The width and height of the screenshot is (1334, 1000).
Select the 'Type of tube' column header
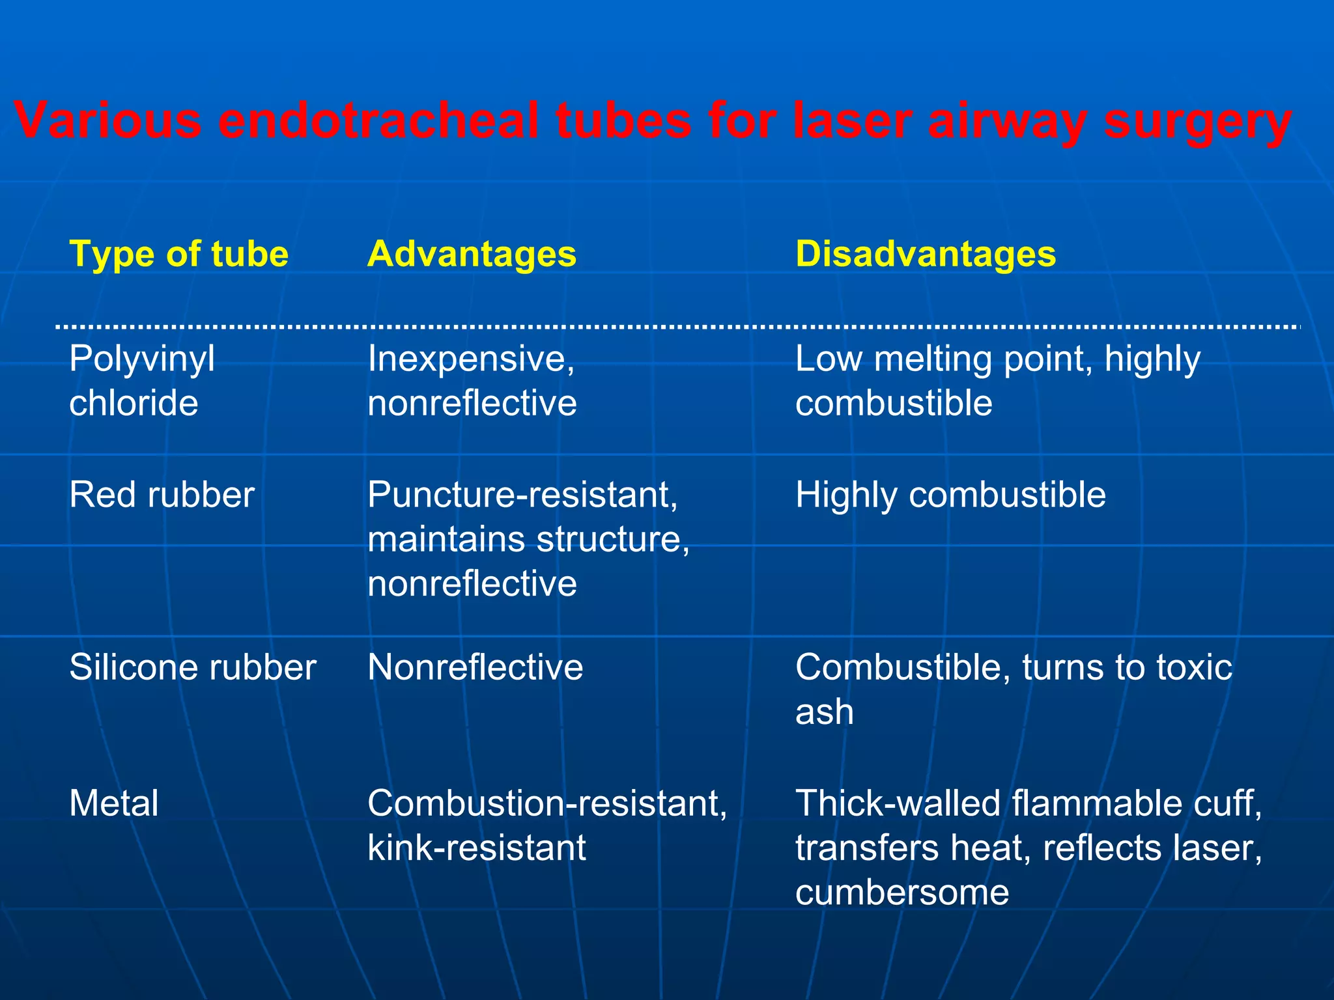178,253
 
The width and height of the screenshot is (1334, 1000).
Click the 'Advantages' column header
472,253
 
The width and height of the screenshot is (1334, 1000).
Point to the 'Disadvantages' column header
926,253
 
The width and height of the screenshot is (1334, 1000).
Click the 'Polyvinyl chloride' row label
142,381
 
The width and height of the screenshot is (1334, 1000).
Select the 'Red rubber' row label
162,495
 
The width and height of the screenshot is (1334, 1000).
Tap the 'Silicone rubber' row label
193,667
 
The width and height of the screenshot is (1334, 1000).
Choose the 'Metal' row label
114,803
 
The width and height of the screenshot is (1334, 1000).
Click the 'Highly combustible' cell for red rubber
950,495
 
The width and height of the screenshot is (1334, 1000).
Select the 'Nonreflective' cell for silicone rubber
475,667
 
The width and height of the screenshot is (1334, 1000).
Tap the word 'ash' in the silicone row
824,712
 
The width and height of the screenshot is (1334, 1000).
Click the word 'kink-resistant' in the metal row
477,848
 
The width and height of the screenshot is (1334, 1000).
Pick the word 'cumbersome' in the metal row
902,892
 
